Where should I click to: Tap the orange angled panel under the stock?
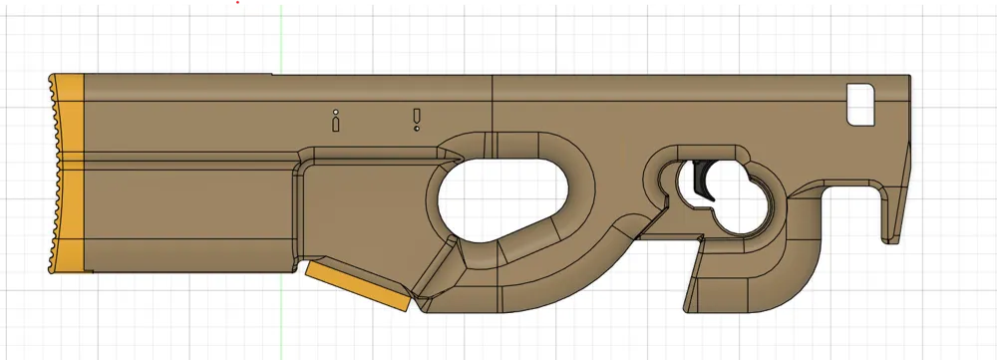(x=359, y=286)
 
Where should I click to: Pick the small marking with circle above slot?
(x=336, y=121)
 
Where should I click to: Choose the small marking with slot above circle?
(x=416, y=120)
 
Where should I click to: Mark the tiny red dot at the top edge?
(x=236, y=2)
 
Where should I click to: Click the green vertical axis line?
(x=282, y=40)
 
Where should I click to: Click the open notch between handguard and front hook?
(x=847, y=214)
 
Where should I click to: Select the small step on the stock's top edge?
(x=272, y=75)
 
